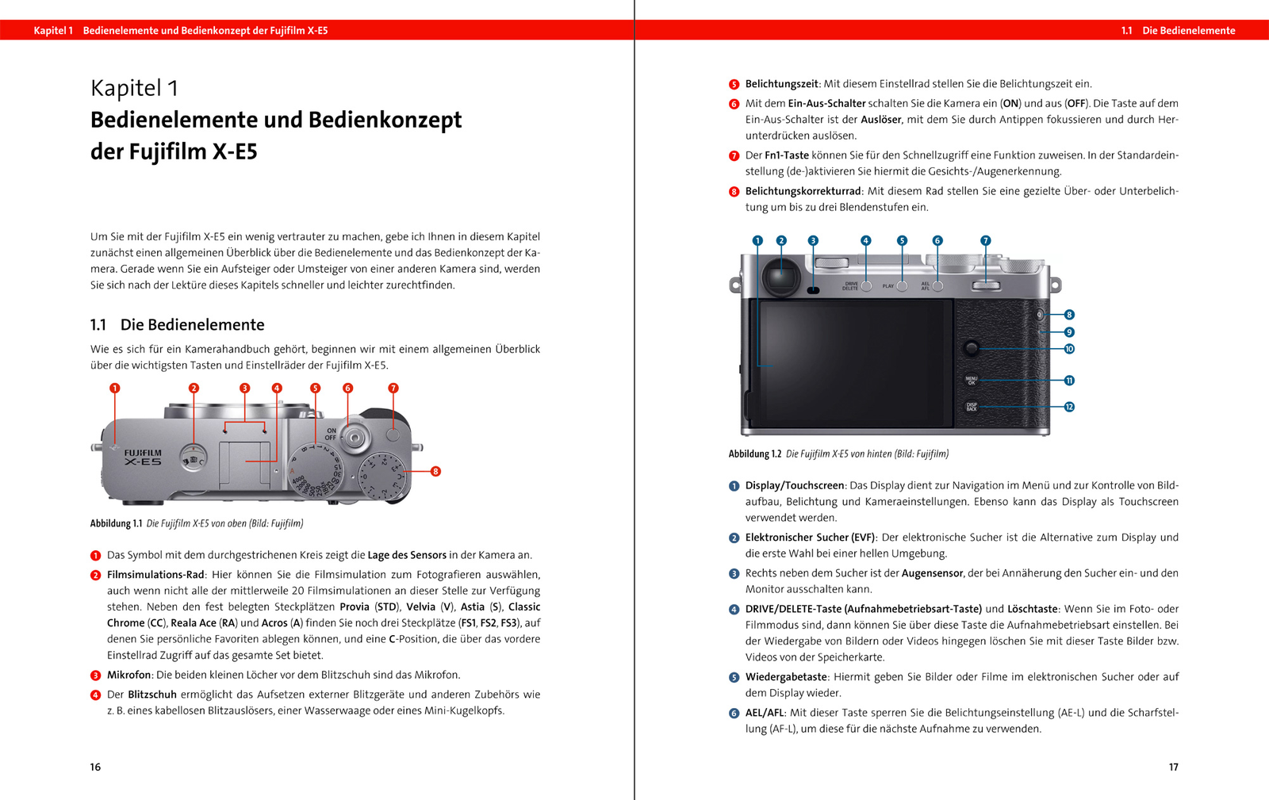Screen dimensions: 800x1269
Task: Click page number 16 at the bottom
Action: pos(95,767)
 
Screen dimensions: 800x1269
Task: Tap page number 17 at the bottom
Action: pos(1173,767)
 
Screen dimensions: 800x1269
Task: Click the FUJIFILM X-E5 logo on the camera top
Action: pos(143,457)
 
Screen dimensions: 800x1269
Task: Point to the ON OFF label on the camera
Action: pos(331,434)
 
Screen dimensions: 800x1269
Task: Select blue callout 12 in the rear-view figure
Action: pos(1069,407)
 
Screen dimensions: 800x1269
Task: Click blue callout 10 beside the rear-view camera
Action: pos(1069,349)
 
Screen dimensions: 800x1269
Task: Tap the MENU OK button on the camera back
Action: pos(972,381)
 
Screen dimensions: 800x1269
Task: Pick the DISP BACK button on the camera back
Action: pos(972,407)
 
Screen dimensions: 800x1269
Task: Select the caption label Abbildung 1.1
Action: pos(116,523)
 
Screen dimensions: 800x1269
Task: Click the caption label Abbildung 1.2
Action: pos(754,454)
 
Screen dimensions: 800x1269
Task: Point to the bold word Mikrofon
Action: pos(128,675)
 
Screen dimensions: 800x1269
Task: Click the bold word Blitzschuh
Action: pos(152,695)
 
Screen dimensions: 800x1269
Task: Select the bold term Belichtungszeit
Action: pos(781,84)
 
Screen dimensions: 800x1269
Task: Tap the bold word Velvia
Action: pos(421,607)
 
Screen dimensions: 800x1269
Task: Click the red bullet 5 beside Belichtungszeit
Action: pos(734,84)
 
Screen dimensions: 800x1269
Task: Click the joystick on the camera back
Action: pos(971,348)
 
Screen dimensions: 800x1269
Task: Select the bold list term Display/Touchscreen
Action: pos(795,485)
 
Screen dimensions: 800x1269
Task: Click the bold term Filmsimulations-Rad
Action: pos(155,575)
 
